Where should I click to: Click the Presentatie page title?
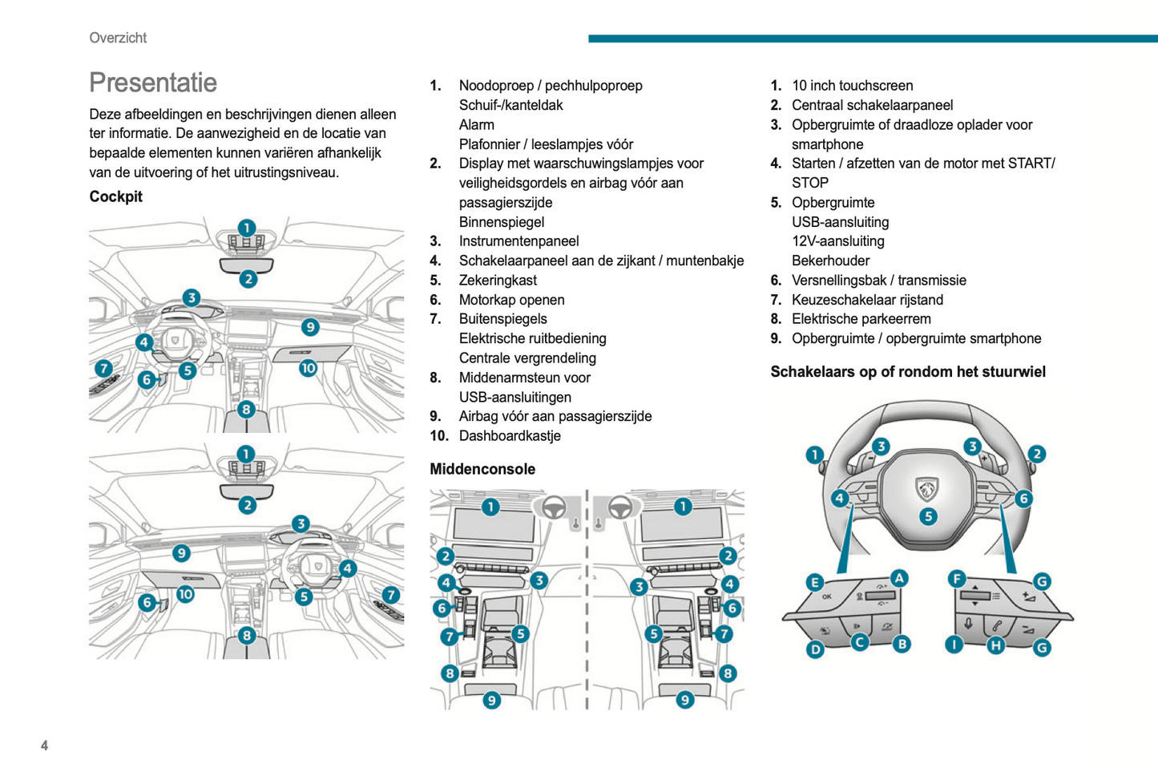(153, 83)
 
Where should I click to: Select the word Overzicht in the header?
(118, 38)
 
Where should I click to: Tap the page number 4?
(44, 746)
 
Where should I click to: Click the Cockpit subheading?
(115, 196)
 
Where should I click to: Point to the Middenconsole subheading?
(482, 469)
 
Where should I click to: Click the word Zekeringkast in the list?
(497, 281)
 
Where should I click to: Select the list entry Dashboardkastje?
(509, 436)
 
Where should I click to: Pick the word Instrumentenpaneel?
(518, 241)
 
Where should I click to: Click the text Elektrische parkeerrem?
(861, 319)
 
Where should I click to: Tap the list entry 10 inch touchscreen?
(852, 86)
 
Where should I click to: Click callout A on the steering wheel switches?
(899, 578)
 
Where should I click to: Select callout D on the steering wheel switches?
(815, 649)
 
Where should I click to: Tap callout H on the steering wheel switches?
(995, 645)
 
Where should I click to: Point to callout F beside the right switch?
(956, 579)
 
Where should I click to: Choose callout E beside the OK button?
(814, 583)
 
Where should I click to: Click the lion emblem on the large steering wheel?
(926, 487)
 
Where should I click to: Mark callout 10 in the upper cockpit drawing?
(308, 368)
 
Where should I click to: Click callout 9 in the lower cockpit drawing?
(181, 553)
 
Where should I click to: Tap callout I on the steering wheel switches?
(954, 645)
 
